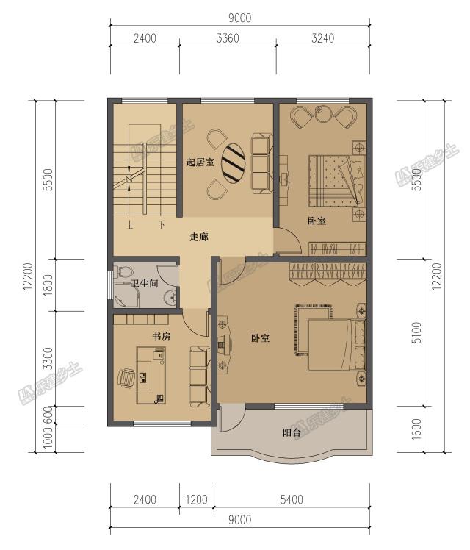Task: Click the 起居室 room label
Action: pos(200,162)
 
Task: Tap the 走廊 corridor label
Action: pos(199,237)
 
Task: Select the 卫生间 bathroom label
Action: pos(145,283)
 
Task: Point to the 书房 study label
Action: pos(162,337)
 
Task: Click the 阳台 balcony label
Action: pos(292,432)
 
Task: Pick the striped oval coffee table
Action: pos(234,164)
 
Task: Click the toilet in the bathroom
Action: pos(123,272)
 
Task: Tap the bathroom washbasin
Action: pos(170,298)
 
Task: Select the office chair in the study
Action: pos(126,379)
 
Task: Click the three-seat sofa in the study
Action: pos(200,376)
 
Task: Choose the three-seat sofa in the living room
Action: pos(261,163)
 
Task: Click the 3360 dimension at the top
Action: pos(228,38)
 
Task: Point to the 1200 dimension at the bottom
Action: pos(197,499)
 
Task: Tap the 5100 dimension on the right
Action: pos(417,332)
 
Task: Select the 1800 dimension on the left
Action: pos(48,285)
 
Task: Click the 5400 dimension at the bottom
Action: pos(292,499)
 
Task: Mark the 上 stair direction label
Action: pos(129,224)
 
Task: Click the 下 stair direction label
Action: pos(162,224)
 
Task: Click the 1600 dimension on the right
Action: pos(417,429)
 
